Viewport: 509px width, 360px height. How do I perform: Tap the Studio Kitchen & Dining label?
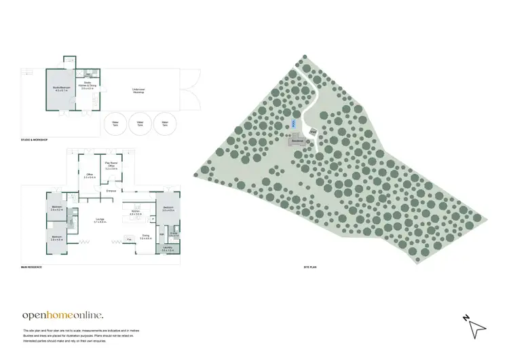[87, 86]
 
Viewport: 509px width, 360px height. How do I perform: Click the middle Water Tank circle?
[140, 124]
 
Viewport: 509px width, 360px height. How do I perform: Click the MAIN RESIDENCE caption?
[32, 268]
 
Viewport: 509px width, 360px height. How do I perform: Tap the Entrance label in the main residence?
[111, 191]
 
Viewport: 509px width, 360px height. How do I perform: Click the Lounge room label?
[98, 221]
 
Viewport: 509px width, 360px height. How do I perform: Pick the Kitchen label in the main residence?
[136, 213]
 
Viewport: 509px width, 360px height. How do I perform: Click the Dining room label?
[145, 237]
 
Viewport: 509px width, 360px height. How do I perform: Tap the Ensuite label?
[174, 234]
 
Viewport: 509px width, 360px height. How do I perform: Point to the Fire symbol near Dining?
[129, 239]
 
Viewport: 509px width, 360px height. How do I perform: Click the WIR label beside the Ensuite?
[161, 234]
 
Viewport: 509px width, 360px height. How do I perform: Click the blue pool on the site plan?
[293, 124]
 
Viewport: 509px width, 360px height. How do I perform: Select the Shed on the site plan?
[313, 132]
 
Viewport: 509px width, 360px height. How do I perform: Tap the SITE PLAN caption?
[311, 268]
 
